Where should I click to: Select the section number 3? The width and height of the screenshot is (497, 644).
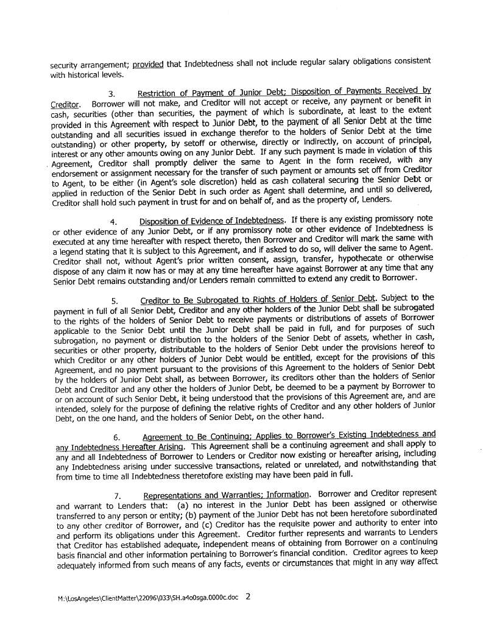pyautogui.click(x=111, y=94)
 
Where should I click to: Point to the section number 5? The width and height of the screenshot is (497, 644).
pyautogui.click(x=115, y=301)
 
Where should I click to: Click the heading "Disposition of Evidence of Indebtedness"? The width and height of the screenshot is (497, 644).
pyautogui.click(x=212, y=220)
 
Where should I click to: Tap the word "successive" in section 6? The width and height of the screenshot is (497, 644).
pyautogui.click(x=192, y=464)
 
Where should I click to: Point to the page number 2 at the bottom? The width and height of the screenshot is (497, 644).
pyautogui.click(x=247, y=597)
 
